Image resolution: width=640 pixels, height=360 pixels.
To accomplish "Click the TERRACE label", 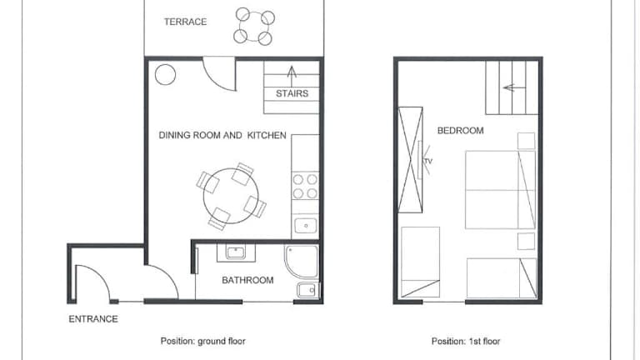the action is [185, 22].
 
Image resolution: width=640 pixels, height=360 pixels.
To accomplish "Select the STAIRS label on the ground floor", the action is [292, 93].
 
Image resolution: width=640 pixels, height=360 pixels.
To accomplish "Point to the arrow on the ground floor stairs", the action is [292, 77].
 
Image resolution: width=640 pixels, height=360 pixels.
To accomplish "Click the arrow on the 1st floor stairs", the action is [514, 87].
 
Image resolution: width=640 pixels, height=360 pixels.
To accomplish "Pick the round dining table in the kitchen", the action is [231, 196].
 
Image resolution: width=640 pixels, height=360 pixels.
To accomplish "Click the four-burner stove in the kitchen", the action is [305, 186].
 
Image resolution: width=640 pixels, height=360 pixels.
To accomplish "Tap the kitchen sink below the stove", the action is [306, 226].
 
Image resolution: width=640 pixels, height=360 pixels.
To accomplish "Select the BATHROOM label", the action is [247, 280].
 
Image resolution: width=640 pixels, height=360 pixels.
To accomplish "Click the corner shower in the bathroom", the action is [302, 261].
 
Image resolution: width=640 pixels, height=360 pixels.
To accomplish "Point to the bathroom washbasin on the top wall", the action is [236, 252].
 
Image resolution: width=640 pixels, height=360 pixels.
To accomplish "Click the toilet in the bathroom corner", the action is [308, 290].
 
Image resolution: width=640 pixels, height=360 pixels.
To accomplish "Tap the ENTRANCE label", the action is [93, 319].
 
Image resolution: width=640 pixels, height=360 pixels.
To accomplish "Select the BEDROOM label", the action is [460, 131].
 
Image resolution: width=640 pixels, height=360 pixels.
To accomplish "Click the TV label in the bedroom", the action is [428, 161].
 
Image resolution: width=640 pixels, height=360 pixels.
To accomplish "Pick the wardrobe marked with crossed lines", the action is [410, 160].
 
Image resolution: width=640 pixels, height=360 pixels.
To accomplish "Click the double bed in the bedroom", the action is [500, 190].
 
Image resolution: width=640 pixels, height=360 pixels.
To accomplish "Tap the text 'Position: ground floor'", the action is [202, 341].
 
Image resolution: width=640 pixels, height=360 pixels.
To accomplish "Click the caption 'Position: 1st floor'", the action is [466, 341].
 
